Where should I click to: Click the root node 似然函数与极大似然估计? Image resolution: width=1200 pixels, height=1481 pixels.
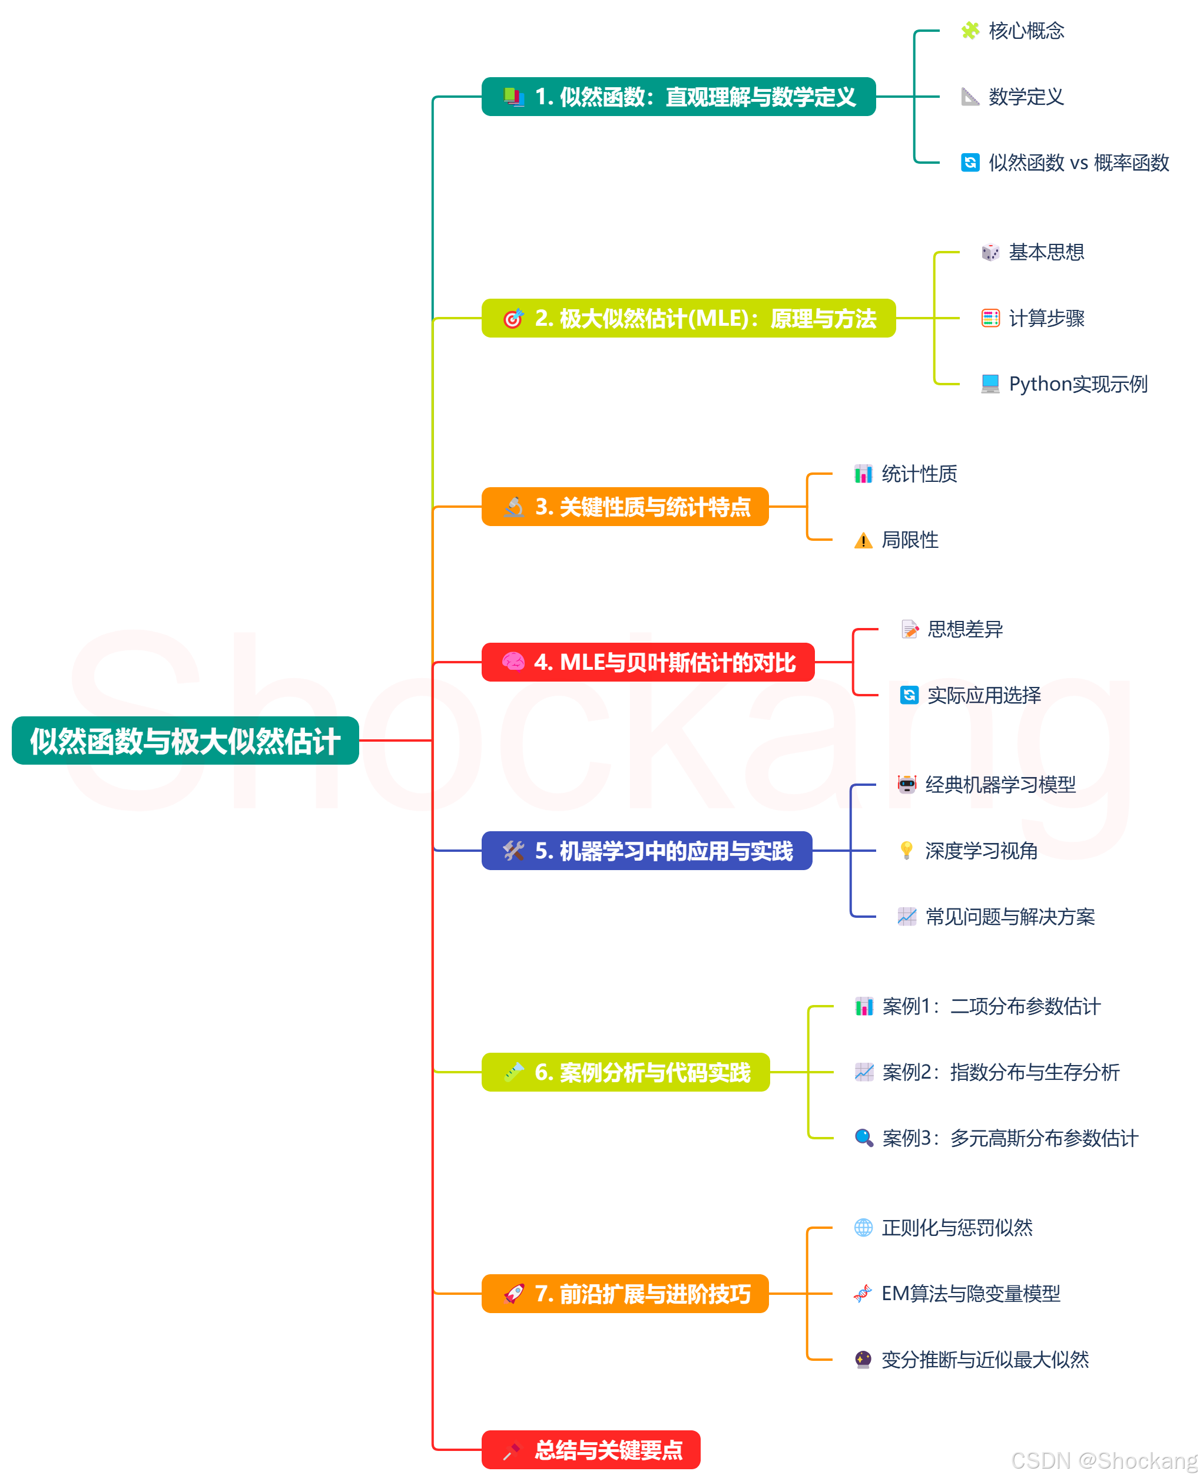185,740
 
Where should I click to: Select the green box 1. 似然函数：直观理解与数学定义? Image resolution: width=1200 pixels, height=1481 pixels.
678,97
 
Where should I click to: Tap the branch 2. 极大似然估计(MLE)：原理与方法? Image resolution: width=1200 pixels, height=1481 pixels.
688,318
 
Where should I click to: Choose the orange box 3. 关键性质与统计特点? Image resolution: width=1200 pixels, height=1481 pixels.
625,507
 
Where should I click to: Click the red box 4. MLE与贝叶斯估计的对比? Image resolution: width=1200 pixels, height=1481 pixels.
648,662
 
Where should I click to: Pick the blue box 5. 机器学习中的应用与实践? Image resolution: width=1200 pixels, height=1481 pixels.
647,851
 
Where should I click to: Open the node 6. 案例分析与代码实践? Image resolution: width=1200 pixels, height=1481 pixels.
625,1072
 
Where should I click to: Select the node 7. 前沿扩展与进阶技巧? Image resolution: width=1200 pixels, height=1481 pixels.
625,1294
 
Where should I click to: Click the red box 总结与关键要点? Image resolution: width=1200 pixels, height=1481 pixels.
591,1450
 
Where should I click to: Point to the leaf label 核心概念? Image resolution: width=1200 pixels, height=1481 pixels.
1026,31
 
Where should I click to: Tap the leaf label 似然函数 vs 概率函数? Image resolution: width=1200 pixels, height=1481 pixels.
1078,163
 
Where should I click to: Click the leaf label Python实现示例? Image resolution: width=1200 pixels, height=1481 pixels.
1078,384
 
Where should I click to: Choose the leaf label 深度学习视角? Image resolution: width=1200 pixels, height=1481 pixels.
981,851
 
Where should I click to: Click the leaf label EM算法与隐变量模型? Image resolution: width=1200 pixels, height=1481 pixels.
970,1294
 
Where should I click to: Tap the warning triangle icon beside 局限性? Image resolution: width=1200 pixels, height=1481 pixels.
863,541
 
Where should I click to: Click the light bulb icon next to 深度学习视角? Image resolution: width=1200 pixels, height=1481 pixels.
906,851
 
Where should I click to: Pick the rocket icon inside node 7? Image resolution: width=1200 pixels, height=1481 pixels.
513,1294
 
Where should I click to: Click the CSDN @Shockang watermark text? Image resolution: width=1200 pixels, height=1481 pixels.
1103,1460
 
